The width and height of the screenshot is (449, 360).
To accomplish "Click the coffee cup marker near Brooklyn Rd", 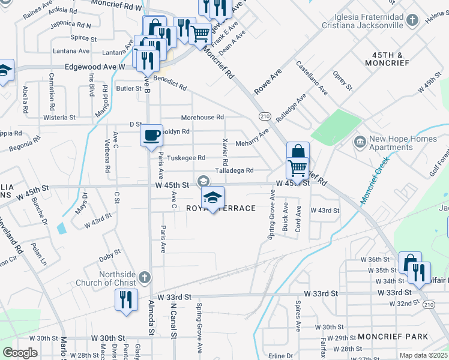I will (151, 134).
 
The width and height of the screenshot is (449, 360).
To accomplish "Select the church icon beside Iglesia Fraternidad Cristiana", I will (412, 21).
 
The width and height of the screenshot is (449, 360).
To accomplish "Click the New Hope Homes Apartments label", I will (403, 143).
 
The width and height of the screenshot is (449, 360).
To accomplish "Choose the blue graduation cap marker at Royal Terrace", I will (212, 197).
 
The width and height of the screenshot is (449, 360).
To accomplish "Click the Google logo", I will (20, 353).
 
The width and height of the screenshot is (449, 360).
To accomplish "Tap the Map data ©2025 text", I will (423, 355).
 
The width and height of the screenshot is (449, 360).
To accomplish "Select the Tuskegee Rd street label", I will (186, 158).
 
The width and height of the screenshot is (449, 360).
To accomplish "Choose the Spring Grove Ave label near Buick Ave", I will (272, 212).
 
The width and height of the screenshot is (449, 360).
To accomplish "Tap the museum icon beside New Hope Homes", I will (360, 142).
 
